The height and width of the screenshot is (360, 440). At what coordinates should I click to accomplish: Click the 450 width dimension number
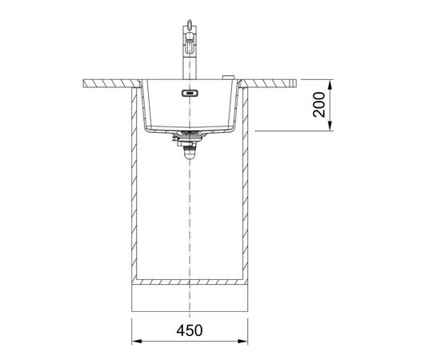pyautogui.click(x=190, y=330)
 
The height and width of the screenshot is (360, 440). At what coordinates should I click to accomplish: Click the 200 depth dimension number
pyautogui.click(x=319, y=105)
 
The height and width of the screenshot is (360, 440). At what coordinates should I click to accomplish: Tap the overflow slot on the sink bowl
pyautogui.click(x=190, y=93)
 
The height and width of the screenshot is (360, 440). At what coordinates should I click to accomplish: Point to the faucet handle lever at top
pyautogui.click(x=190, y=23)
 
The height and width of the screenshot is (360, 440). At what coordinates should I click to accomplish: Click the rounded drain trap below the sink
pyautogui.click(x=190, y=154)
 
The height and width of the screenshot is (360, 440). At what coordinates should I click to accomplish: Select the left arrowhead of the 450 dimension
pyautogui.click(x=137, y=342)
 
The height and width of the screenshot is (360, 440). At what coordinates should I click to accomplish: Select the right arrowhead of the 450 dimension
pyautogui.click(x=242, y=342)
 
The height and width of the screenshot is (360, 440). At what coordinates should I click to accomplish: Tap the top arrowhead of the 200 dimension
pyautogui.click(x=330, y=85)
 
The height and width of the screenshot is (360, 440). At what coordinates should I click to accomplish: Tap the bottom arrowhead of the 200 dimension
pyautogui.click(x=330, y=126)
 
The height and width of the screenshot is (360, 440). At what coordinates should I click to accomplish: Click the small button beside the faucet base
pyautogui.click(x=228, y=77)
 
